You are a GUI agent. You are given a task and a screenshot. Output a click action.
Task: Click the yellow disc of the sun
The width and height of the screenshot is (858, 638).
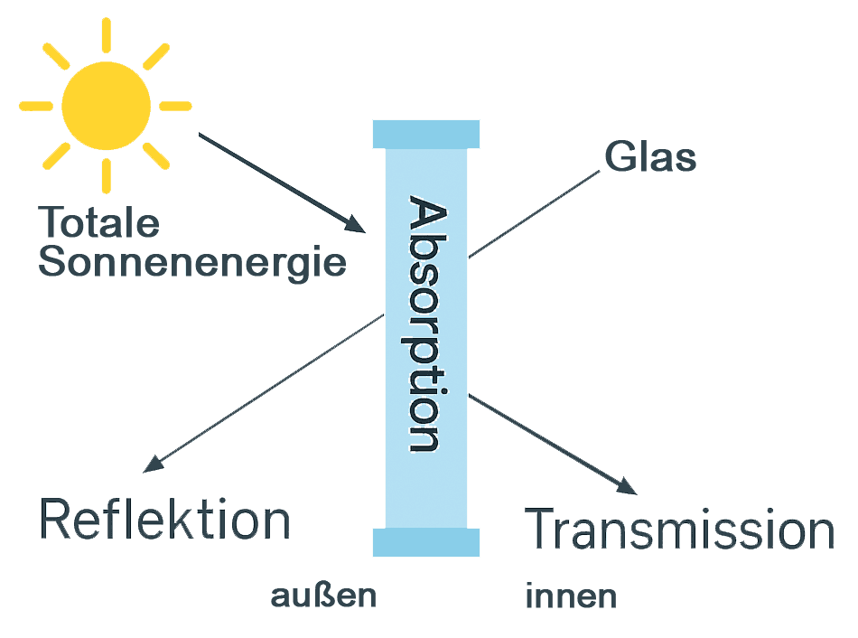point(107,106)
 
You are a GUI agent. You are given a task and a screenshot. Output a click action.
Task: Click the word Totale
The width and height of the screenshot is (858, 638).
point(98,222)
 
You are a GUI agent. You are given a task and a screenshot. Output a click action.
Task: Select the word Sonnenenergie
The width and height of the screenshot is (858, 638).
point(192,263)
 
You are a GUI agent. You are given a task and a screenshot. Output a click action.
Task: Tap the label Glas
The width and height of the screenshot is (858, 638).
point(650,156)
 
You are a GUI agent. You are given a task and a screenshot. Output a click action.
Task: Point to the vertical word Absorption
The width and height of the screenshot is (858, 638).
point(427,324)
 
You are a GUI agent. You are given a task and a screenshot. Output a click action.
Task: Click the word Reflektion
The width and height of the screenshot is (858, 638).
point(164,519)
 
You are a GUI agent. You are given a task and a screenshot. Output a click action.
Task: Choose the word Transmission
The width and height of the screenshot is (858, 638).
point(679,529)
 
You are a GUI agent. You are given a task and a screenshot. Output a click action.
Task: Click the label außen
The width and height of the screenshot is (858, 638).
point(323,596)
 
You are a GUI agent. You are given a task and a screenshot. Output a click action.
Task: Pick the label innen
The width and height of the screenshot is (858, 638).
point(571,596)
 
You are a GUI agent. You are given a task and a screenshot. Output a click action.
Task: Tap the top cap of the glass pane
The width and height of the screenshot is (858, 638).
point(426,134)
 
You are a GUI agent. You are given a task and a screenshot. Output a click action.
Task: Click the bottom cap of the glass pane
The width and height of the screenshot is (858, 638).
point(426,542)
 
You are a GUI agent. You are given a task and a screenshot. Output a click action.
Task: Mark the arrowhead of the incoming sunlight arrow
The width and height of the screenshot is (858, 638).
point(355,223)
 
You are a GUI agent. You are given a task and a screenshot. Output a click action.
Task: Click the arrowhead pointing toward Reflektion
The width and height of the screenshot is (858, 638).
point(153,464)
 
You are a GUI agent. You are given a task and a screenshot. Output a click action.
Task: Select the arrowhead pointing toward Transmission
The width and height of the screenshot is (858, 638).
point(627,486)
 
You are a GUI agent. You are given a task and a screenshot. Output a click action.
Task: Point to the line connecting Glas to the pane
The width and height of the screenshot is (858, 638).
point(534,214)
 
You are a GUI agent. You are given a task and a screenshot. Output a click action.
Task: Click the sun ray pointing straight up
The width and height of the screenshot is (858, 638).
point(107,35)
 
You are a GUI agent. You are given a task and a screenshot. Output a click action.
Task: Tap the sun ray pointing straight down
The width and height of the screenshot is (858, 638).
point(107,176)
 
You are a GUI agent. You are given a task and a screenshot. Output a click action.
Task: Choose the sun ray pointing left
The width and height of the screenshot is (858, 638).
point(36,106)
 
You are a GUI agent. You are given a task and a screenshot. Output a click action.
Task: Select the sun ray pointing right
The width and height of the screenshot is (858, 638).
point(175,106)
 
